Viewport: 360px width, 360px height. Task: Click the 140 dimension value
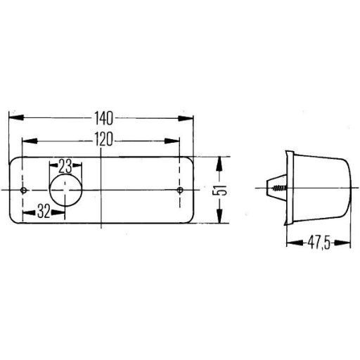coord(103,118)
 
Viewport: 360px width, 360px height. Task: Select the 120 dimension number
coord(103,139)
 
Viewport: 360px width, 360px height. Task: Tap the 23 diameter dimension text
coord(65,166)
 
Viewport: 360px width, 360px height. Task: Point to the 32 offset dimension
coord(44,211)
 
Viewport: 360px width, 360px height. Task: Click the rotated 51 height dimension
coord(220,190)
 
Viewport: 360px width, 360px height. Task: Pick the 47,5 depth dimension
coord(319,243)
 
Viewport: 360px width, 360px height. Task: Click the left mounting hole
coord(23,191)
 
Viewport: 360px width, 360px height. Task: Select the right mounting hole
coord(180,190)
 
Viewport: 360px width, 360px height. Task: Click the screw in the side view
coord(279,188)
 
